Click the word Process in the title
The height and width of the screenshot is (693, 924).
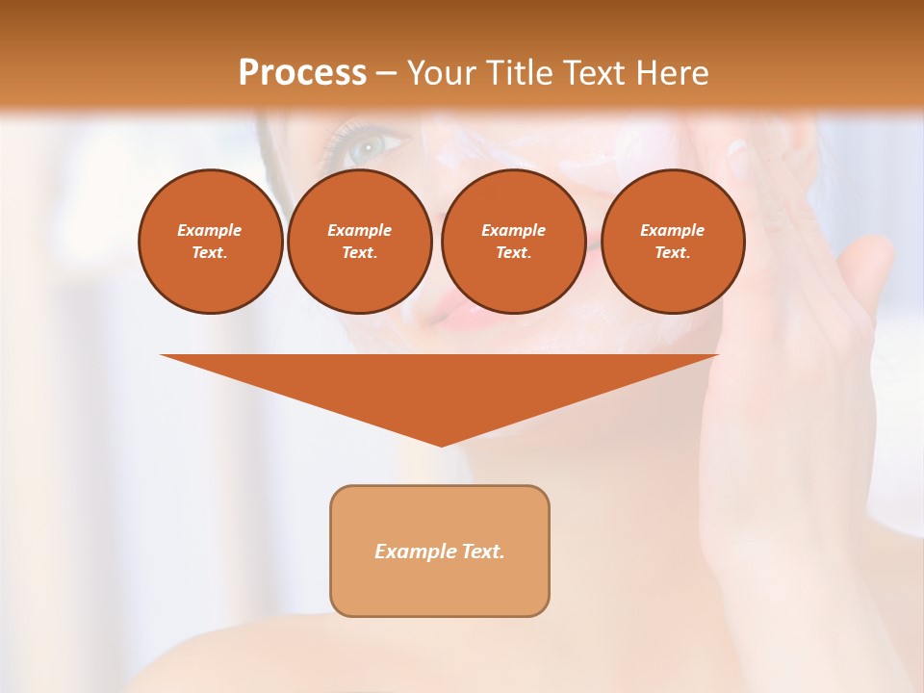click(302, 73)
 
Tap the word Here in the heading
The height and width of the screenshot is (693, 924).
click(673, 73)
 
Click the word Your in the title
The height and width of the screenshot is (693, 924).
click(442, 73)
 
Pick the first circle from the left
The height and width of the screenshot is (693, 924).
click(210, 242)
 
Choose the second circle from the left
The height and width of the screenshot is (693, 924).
click(359, 242)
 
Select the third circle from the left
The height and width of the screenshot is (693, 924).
click(513, 242)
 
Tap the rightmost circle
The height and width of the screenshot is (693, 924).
click(672, 242)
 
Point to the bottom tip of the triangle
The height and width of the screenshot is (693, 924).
click(441, 444)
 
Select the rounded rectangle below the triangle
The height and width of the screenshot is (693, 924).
click(440, 551)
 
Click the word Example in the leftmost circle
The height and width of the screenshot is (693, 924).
click(210, 230)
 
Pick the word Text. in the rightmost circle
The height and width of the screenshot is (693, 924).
click(672, 252)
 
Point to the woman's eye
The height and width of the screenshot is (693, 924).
click(366, 147)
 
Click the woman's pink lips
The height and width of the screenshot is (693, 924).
click(444, 308)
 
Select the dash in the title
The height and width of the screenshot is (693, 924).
click(386, 73)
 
